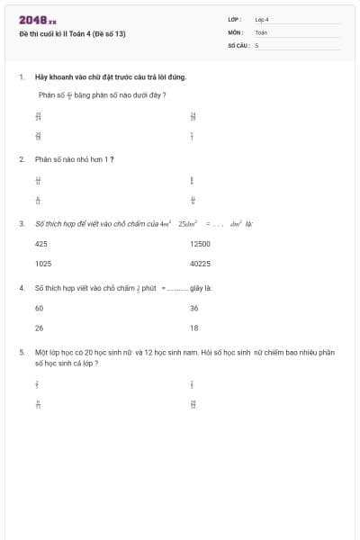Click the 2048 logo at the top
click(37, 20)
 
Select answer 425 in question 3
click(41, 244)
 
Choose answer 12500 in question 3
click(200, 244)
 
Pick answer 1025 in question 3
click(43, 264)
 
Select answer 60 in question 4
click(40, 308)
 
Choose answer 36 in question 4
click(194, 308)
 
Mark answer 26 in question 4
click(40, 328)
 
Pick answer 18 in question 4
click(194, 328)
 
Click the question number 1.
click(21, 76)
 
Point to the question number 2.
click(21, 158)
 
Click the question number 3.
click(21, 223)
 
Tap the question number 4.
click(21, 288)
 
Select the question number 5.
click(21, 353)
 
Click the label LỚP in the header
click(234, 19)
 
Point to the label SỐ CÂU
click(237, 44)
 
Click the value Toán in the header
click(261, 31)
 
